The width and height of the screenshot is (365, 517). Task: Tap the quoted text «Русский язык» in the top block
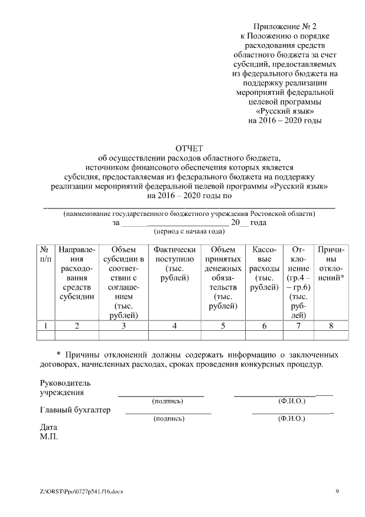(285, 111)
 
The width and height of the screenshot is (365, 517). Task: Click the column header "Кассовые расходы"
(264, 268)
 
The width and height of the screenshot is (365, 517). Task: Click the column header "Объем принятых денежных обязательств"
(223, 278)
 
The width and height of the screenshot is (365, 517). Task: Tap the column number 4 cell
(175, 326)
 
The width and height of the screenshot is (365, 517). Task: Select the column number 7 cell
(298, 326)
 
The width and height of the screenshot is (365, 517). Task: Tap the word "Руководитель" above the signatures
(65, 383)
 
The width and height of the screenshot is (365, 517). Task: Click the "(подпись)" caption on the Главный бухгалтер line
(168, 419)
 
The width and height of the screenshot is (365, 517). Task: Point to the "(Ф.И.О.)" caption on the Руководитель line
(291, 401)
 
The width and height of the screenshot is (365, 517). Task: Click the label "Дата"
(49, 427)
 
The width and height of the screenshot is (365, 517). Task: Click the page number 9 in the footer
(336, 491)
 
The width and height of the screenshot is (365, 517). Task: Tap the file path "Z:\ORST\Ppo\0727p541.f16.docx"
(82, 491)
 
